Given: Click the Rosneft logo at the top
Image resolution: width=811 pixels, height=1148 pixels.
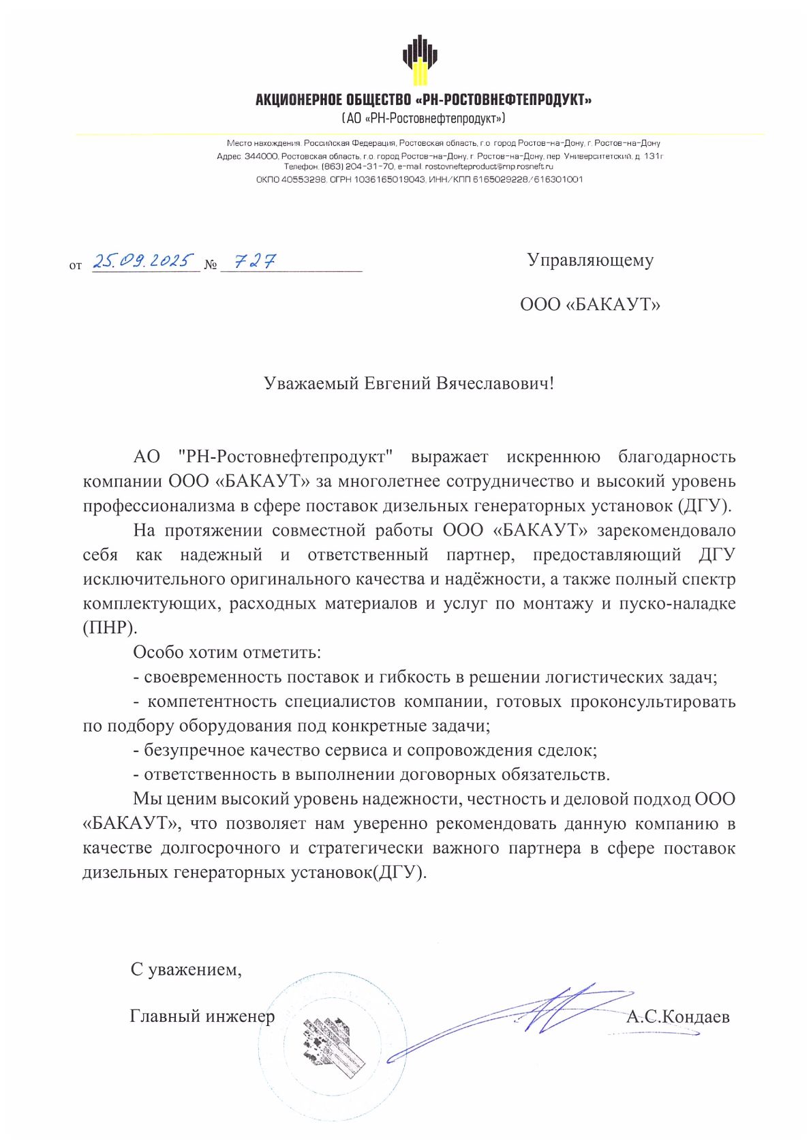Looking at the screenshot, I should point(420,59).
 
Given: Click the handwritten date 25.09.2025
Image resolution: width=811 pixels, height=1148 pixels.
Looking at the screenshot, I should point(143,260).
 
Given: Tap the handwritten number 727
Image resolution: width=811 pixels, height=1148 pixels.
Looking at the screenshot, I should point(255,261).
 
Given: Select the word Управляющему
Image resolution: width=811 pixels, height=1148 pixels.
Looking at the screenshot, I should point(590,260).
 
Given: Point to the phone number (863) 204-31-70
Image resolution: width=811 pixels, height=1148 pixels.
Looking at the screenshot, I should point(358,166).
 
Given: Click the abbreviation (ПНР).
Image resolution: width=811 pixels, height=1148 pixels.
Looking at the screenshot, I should point(110,628).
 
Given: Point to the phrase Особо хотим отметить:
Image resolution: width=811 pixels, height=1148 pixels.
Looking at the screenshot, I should point(227,652).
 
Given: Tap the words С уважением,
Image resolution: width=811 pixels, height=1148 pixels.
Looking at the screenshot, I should point(186,969).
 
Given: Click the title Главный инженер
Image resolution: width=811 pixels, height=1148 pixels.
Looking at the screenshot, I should point(202,1016).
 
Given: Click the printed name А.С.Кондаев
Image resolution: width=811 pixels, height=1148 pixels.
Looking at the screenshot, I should point(677,1017).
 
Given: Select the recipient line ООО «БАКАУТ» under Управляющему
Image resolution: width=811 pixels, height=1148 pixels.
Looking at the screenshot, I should point(590,304).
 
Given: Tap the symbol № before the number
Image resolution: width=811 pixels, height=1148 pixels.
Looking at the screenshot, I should point(211,265).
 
